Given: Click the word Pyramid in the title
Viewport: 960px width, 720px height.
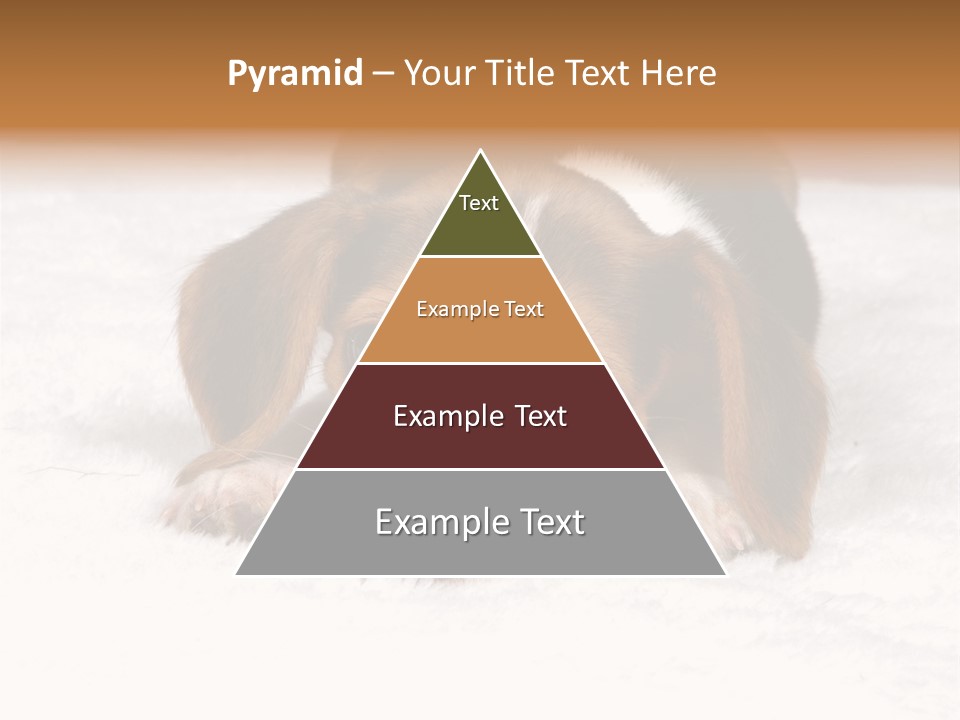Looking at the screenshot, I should coord(294,74).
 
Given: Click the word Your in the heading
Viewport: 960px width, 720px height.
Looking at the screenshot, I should coord(439,74).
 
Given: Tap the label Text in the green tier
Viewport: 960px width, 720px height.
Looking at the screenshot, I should coord(479,203).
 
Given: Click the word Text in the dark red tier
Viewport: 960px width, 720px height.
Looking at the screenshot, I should coord(535,416).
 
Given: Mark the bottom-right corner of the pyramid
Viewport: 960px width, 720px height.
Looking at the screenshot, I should coord(724,573).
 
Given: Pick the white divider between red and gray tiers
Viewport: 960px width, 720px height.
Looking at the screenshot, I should coord(480,468).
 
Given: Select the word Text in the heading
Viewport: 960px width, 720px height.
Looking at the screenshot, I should coord(598,74).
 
